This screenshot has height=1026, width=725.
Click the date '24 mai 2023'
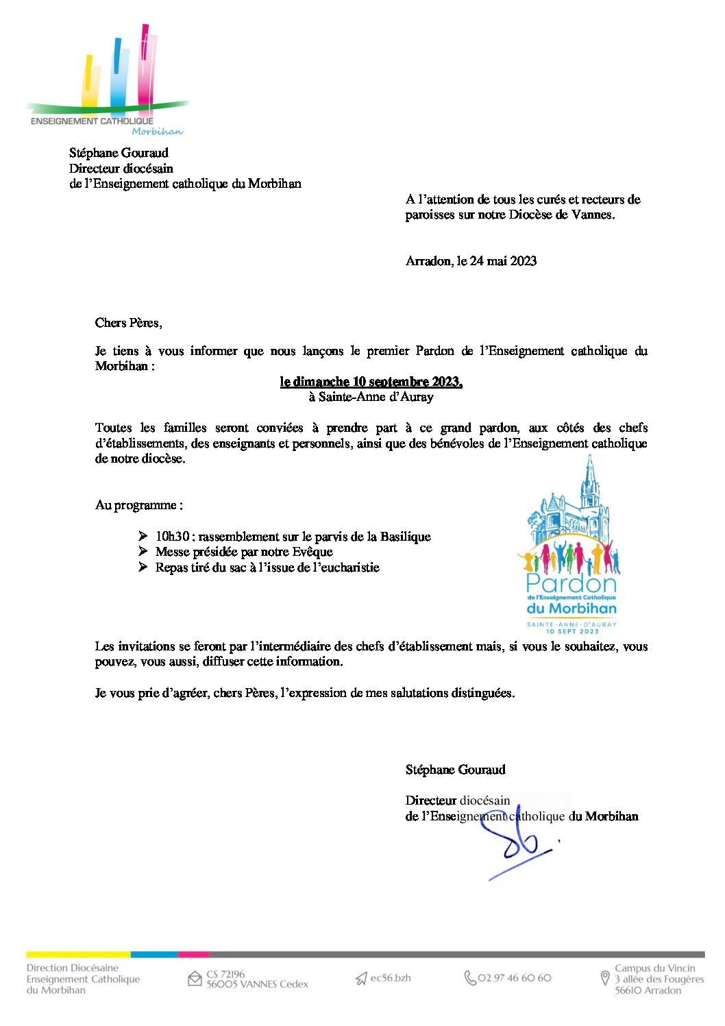pos(503,261)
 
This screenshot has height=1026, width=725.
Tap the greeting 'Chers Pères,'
pos(128,323)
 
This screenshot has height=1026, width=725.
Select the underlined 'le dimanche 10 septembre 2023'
pos(371,382)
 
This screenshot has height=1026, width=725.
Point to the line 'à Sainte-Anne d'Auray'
pos(371,397)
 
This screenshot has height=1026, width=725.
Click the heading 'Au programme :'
pos(138,505)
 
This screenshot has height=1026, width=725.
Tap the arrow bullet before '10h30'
pos(143,536)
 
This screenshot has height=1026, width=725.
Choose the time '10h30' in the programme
pos(172,537)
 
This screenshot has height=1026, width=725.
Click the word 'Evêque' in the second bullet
pos(312,552)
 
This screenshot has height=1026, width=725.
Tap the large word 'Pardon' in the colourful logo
pos(571,584)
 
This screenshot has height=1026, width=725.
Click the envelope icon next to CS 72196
pos(195,979)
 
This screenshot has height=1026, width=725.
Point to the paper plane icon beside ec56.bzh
pos(361,979)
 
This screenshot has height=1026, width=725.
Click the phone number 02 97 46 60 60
pos(514,978)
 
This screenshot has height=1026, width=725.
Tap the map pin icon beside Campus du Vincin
pos(604,978)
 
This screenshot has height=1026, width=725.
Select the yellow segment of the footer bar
pos(78,954)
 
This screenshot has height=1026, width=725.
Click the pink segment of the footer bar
pos(193,954)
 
